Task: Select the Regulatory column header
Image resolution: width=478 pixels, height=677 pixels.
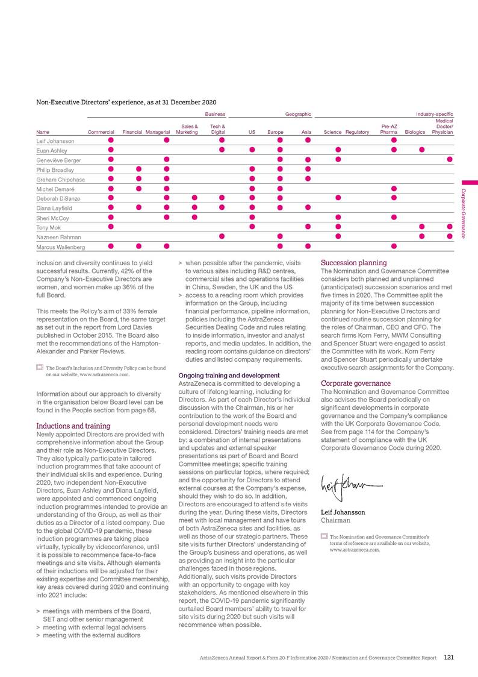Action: (358, 131)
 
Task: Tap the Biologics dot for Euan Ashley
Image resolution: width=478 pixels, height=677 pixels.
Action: (422, 150)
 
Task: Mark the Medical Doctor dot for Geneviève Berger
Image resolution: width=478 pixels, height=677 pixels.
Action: (450, 160)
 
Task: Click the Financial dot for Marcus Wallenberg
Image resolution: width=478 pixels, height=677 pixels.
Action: (139, 246)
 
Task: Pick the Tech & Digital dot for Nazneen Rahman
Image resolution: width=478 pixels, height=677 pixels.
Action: (222, 236)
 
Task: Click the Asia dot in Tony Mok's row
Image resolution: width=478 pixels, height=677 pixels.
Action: (307, 227)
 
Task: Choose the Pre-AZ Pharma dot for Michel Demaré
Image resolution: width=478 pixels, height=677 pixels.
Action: (394, 188)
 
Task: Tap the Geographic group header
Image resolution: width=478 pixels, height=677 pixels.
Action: (298, 114)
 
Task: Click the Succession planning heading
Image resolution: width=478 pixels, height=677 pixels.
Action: (353, 263)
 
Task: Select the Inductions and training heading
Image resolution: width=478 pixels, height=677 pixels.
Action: (73, 426)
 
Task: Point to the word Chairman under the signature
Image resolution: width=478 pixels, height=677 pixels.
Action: (335, 520)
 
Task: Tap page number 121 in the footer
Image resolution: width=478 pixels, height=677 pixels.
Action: (449, 658)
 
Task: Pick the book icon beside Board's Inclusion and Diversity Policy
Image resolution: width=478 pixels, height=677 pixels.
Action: (40, 367)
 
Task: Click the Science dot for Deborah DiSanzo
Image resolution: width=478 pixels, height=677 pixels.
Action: (338, 198)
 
